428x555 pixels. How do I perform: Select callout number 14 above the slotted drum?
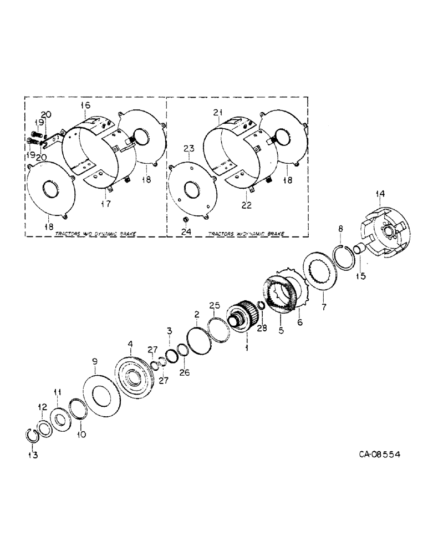click(379, 194)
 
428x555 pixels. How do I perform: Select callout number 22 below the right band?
click(246, 205)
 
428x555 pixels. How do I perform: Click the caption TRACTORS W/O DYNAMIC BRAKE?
click(97, 234)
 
